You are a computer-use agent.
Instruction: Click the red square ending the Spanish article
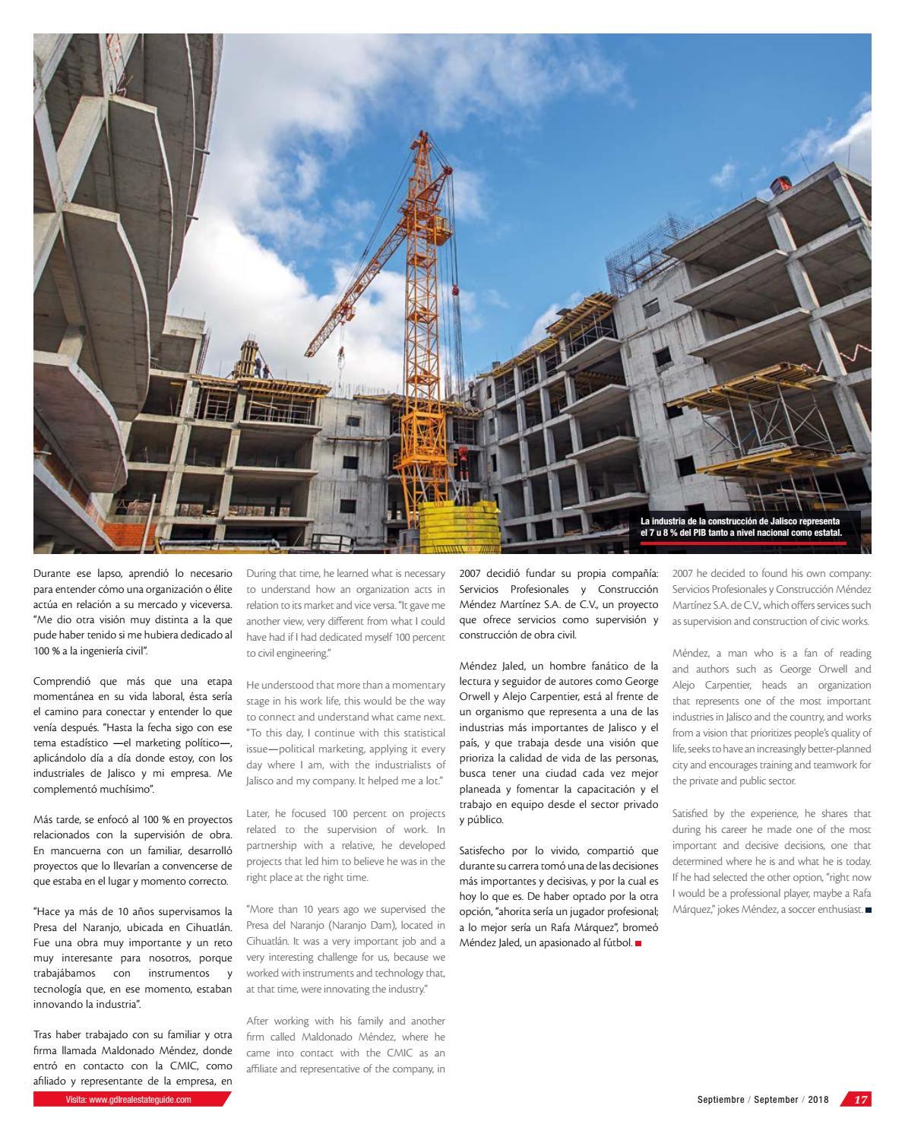coord(638,944)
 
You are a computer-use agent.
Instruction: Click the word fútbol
coord(615,943)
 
